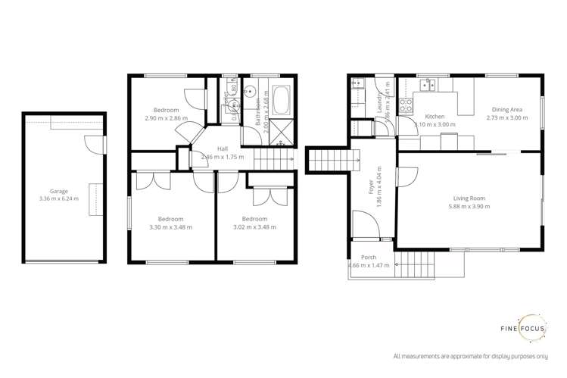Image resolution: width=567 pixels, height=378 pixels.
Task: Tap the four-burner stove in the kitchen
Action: click(x=406, y=105)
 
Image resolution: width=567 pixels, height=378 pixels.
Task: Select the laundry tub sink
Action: click(x=357, y=83)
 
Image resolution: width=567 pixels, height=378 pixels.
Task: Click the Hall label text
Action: click(x=223, y=148)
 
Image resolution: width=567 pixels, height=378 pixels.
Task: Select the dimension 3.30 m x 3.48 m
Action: click(x=171, y=227)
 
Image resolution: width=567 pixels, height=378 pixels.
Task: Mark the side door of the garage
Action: click(x=93, y=144)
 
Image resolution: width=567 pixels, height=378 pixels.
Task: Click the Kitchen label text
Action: click(x=434, y=116)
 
